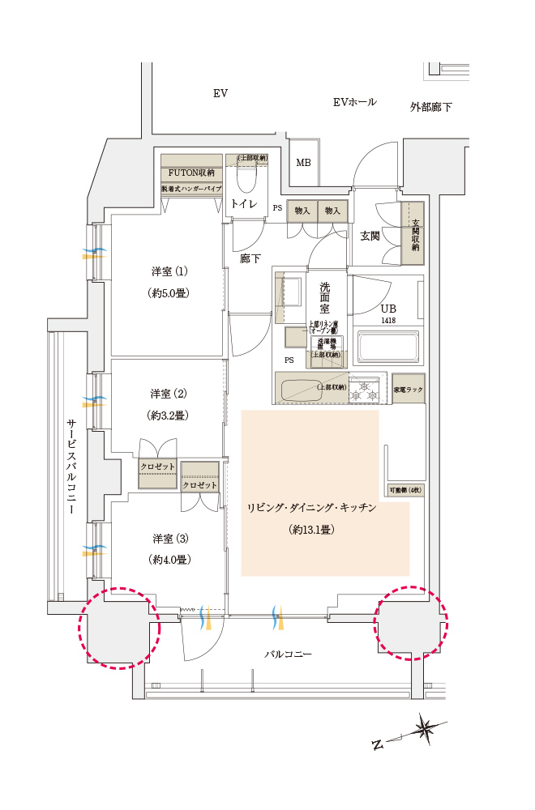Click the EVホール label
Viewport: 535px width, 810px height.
[355, 102]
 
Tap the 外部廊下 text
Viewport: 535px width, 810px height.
[431, 107]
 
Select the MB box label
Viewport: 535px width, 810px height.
[303, 163]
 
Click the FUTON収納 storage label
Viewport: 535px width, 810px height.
[191, 173]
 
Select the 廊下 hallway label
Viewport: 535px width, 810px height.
[250, 258]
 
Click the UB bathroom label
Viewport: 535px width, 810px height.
[390, 309]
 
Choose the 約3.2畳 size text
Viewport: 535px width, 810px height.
[169, 416]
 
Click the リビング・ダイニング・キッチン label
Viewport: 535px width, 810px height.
[312, 508]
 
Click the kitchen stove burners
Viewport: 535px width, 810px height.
[366, 388]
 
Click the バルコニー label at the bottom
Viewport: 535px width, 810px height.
[288, 653]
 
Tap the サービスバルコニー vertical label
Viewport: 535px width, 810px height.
[71, 470]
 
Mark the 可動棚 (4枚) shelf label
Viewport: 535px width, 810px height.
[404, 490]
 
